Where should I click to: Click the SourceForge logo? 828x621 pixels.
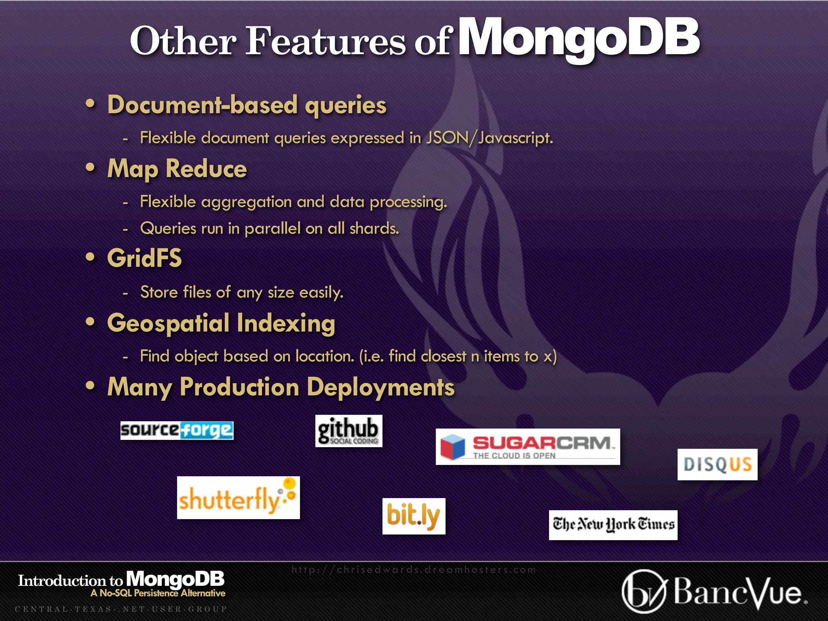tap(177, 430)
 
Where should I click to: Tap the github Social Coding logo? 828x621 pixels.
tap(349, 431)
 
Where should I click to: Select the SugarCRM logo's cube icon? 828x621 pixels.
tap(453, 447)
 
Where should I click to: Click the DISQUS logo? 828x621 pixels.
tap(717, 464)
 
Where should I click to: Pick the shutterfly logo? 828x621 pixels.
tap(238, 498)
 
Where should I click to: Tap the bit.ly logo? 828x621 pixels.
tap(414, 516)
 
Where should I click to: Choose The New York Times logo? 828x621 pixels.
tap(613, 525)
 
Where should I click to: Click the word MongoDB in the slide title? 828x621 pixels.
tap(579, 38)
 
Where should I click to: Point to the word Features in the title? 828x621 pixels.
tap(325, 41)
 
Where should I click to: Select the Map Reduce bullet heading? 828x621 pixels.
tap(177, 169)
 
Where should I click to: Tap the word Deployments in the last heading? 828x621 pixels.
tap(380, 387)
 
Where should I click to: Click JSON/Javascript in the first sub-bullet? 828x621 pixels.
tap(489, 138)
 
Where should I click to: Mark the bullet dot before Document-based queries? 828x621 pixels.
tap(91, 104)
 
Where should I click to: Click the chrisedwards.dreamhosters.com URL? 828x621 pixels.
tap(413, 570)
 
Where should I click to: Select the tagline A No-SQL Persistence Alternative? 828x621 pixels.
tap(158, 593)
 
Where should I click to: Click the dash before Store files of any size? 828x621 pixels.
tap(125, 293)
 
